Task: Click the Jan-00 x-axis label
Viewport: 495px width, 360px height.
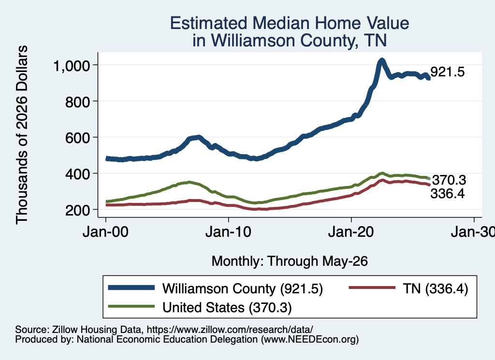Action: click(105, 232)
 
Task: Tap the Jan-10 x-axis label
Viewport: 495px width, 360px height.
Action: click(228, 232)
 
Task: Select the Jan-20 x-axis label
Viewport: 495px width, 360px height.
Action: click(351, 232)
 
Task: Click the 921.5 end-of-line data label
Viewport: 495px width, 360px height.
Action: click(448, 72)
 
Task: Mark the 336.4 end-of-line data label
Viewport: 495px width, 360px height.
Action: click(448, 193)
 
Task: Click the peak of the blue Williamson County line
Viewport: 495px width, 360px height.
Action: click(382, 60)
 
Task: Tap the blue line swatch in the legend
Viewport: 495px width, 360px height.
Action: click(131, 288)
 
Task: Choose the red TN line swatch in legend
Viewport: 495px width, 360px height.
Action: click(372, 288)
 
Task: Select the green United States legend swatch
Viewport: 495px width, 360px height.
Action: click(131, 306)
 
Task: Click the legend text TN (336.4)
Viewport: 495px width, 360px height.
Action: click(436, 288)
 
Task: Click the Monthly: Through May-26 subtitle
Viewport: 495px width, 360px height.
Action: click(290, 261)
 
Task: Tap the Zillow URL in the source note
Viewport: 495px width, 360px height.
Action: click(230, 330)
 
